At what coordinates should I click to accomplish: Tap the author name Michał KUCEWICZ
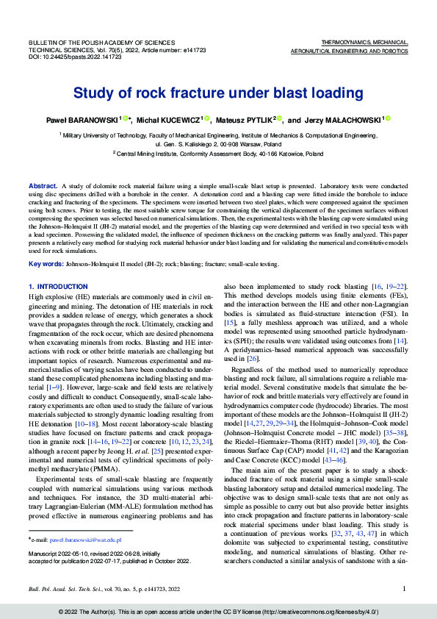point(168,119)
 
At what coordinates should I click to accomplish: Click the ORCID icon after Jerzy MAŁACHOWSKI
point(388,118)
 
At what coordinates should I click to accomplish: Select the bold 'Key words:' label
point(45,263)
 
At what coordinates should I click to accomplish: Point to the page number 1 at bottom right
point(405,589)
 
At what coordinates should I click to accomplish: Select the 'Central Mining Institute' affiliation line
point(218,154)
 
